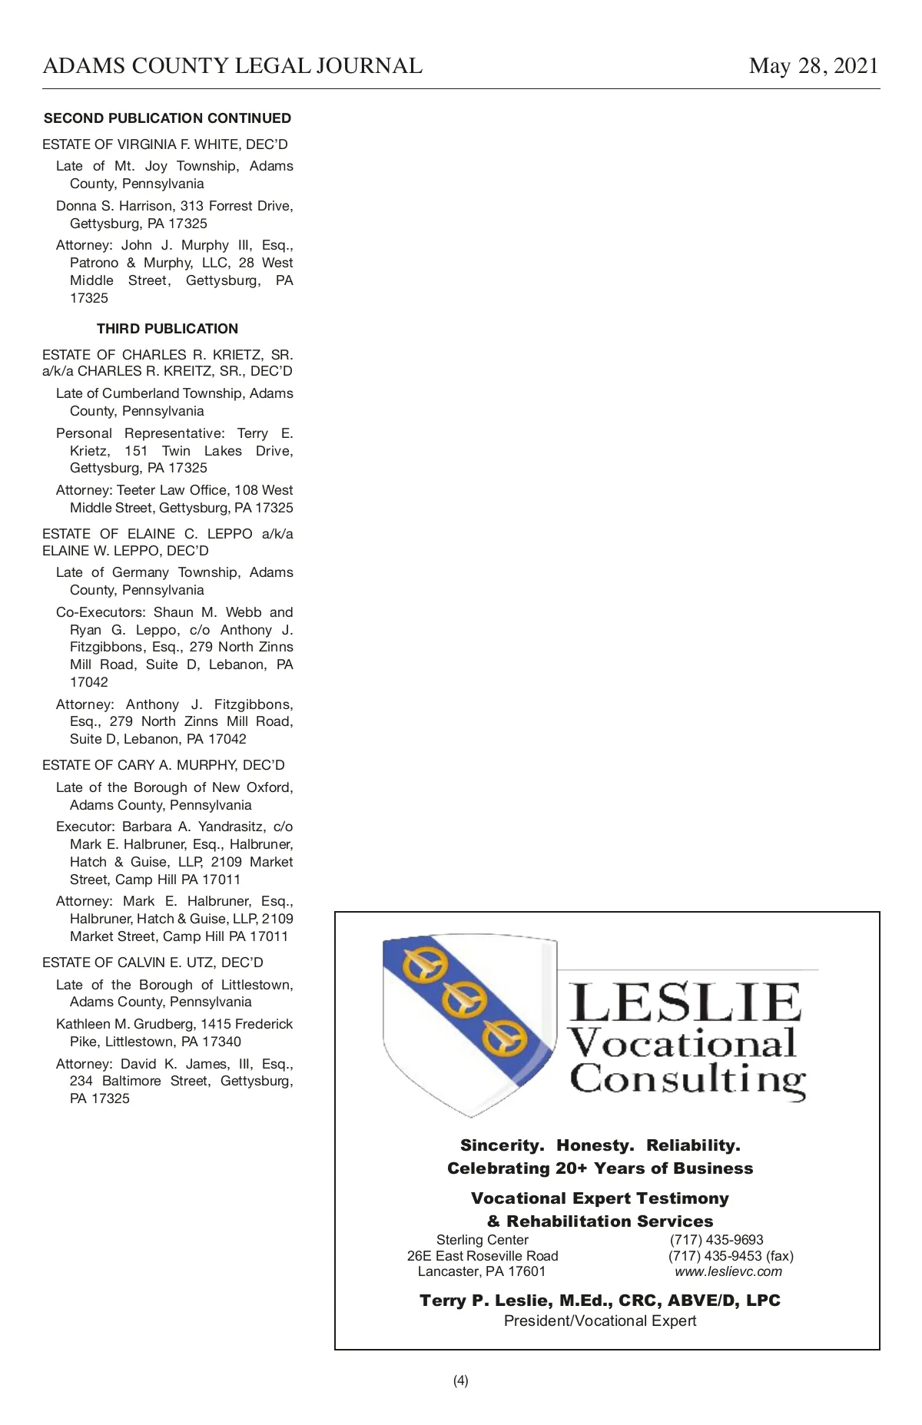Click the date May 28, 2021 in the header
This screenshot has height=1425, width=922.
pyautogui.click(x=813, y=67)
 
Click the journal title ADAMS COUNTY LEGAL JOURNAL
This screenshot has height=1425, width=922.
pyautogui.click(x=232, y=67)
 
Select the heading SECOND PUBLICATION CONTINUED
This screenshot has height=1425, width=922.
pyautogui.click(x=167, y=118)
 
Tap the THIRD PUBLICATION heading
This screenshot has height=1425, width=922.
pyautogui.click(x=167, y=329)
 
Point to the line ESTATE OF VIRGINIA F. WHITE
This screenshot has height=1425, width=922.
pyautogui.click(x=165, y=144)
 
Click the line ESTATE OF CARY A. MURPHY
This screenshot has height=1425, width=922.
pyautogui.click(x=164, y=765)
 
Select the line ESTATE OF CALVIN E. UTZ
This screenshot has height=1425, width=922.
pyautogui.click(x=153, y=963)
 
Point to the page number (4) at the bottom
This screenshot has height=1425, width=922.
pyautogui.click(x=460, y=1380)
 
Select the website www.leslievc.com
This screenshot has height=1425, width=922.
pyautogui.click(x=728, y=1271)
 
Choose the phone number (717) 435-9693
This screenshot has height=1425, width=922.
pyautogui.click(x=716, y=1240)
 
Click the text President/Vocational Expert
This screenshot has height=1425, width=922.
pyautogui.click(x=600, y=1321)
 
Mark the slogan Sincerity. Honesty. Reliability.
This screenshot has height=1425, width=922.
pyautogui.click(x=600, y=1145)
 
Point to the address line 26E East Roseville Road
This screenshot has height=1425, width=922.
pyautogui.click(x=483, y=1256)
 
